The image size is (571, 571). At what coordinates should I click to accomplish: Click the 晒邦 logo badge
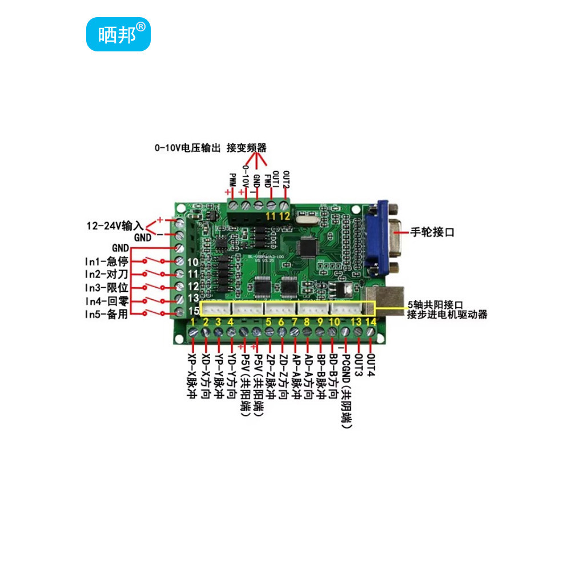click(118, 34)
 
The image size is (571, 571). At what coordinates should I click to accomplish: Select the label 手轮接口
click(432, 232)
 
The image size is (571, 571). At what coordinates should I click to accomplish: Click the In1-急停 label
click(106, 261)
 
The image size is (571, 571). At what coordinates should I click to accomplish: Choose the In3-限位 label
click(106, 287)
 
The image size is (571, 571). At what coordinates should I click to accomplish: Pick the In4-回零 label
click(106, 300)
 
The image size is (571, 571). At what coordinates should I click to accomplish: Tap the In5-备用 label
click(106, 313)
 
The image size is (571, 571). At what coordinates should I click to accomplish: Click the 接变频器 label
click(246, 148)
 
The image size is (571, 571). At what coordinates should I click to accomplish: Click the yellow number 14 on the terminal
click(370, 323)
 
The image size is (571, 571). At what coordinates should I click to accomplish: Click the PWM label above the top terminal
click(232, 181)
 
